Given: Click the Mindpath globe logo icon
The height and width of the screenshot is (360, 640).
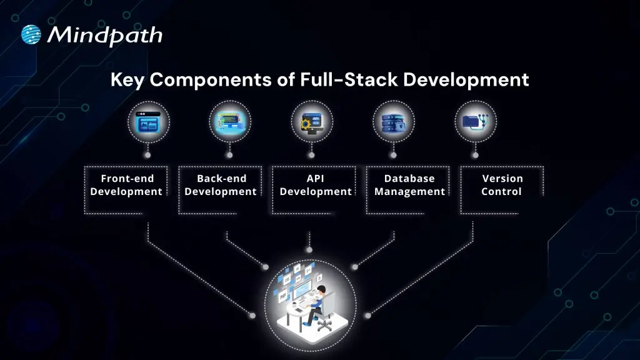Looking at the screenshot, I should pos(31,35).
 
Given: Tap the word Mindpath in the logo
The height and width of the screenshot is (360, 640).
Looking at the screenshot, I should pos(104,35).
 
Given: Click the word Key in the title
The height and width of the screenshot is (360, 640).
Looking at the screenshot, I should pos(128,80).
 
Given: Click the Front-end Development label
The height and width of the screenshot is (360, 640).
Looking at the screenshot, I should pos(126,185).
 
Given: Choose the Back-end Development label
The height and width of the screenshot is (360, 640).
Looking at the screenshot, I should pos(221,185).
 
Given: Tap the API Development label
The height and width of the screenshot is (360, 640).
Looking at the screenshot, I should pos(316,185).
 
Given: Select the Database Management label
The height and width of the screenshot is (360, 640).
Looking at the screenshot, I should pos(409,185).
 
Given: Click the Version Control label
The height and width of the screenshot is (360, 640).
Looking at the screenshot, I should pos(502,185).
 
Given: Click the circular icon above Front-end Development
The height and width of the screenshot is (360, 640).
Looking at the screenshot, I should pos(148,121).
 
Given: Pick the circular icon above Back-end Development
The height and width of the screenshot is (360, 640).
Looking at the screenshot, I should pos(229,121).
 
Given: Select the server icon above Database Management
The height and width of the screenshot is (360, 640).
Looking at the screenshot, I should pos(393,121).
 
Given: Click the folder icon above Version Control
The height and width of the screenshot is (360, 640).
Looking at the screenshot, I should pos(473,121).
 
